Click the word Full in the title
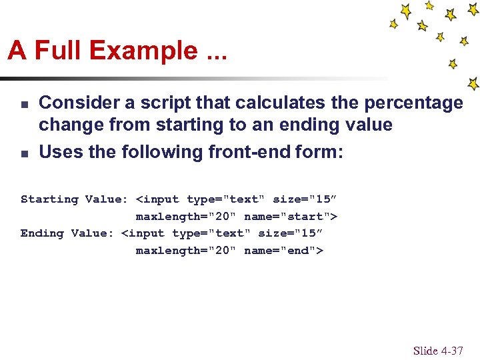coord(60,51)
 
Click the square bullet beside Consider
coord(23,104)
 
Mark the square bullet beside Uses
coord(23,153)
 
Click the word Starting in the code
coord(49,199)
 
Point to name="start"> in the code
coord(291,216)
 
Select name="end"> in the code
coord(283,251)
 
